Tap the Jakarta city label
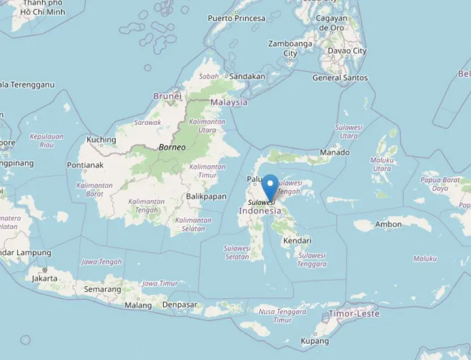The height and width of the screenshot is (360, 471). click(44, 278)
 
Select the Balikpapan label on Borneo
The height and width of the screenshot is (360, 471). click(206, 196)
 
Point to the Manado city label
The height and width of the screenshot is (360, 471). click(335, 152)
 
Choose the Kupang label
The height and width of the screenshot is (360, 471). click(315, 341)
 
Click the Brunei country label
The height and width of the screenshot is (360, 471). click(168, 96)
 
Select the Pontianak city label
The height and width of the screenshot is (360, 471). click(85, 165)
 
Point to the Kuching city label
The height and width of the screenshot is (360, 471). click(101, 140)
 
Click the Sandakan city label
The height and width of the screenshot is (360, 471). click(247, 76)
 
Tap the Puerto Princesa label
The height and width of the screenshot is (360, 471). click(236, 18)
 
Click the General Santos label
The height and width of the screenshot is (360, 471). click(340, 78)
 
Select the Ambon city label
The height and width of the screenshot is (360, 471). click(388, 225)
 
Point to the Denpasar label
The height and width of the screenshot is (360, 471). click(179, 305)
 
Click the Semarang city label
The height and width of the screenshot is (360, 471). click(102, 289)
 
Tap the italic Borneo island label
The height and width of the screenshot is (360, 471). click(172, 147)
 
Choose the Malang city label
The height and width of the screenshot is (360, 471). click(138, 306)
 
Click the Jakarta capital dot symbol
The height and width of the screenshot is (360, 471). click(44, 270)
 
